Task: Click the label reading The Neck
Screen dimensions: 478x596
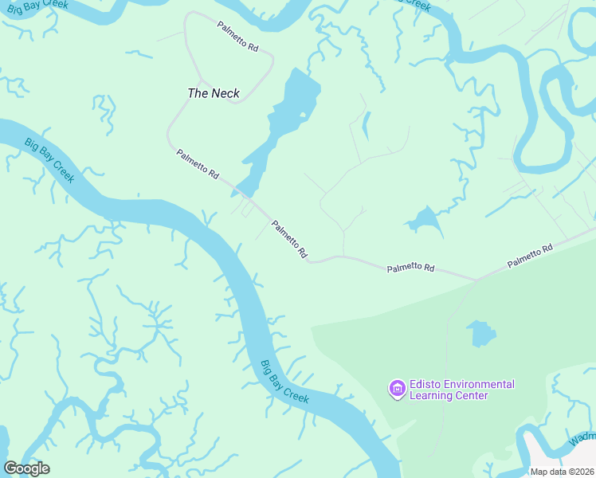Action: pyautogui.click(x=213, y=93)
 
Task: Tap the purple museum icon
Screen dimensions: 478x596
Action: pyautogui.click(x=396, y=389)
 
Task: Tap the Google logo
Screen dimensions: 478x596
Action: pyautogui.click(x=26, y=468)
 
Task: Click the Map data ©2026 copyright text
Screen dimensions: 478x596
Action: pyautogui.click(x=562, y=471)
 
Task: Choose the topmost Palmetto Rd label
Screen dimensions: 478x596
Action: pyautogui.click(x=238, y=37)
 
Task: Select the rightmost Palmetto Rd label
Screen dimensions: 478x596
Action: pyautogui.click(x=531, y=256)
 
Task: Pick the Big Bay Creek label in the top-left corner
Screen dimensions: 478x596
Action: pyautogui.click(x=49, y=160)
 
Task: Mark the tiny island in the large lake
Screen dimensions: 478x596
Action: pyautogui.click(x=303, y=116)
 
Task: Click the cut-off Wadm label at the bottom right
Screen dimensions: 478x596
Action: pyautogui.click(x=582, y=439)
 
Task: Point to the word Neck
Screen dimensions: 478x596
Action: pyautogui.click(x=225, y=93)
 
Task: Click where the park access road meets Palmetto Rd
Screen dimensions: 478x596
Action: pyautogui.click(x=476, y=280)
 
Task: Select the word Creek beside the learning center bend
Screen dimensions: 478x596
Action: pyautogui.click(x=296, y=394)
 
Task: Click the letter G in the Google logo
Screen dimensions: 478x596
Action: pyautogui.click(x=11, y=468)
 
